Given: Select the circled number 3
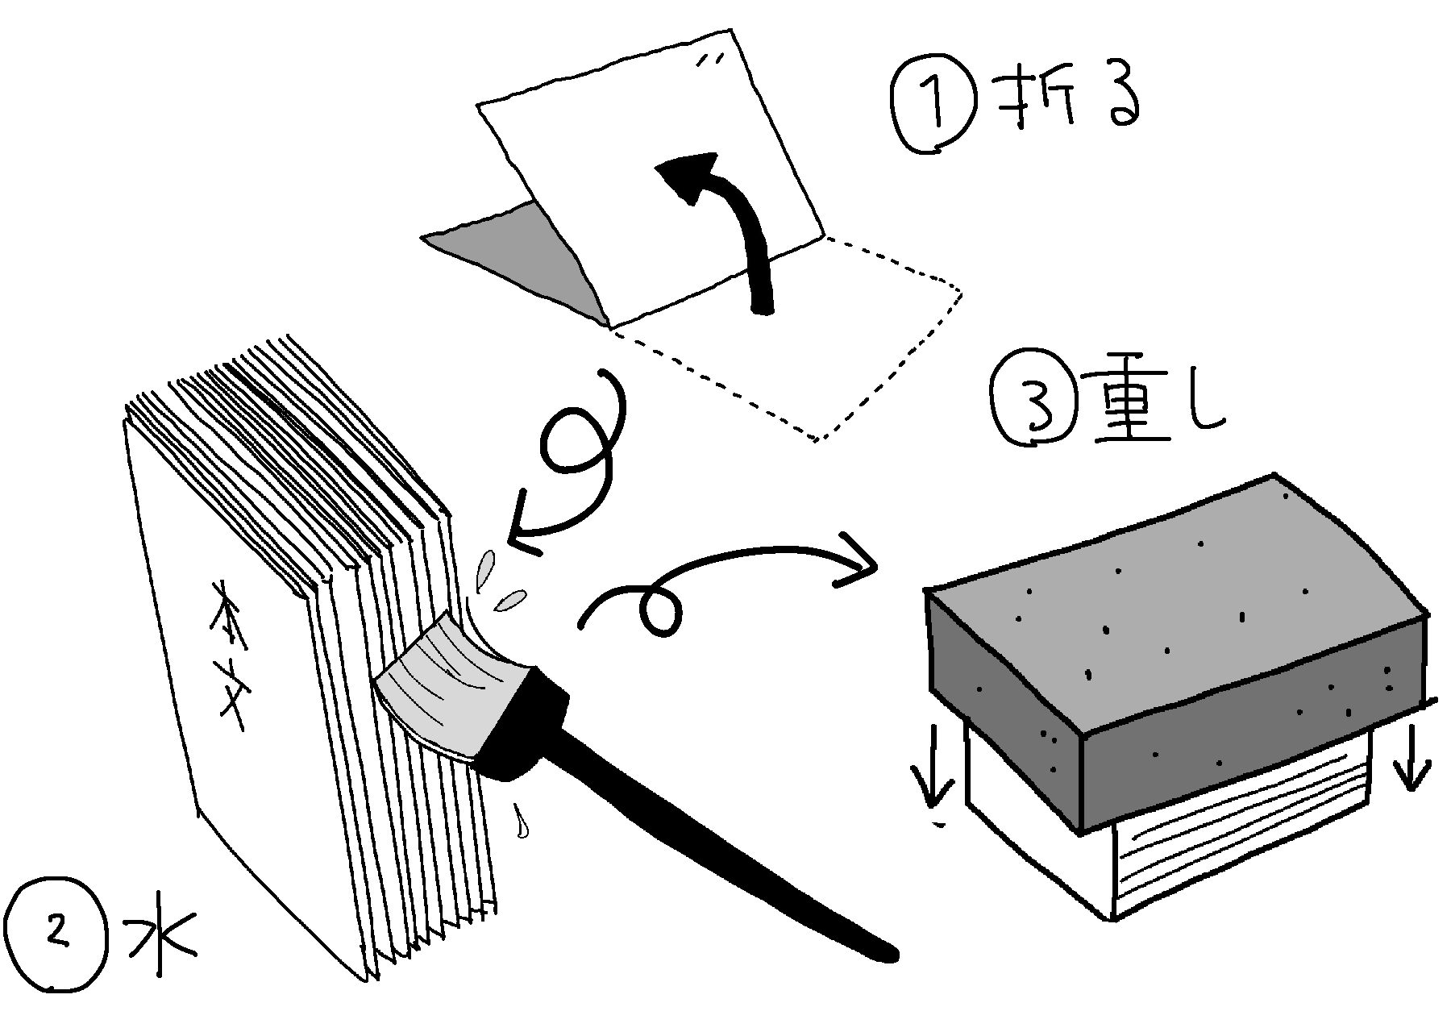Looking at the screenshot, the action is tap(1036, 405).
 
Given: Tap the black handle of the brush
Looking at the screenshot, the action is tap(685, 814).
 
